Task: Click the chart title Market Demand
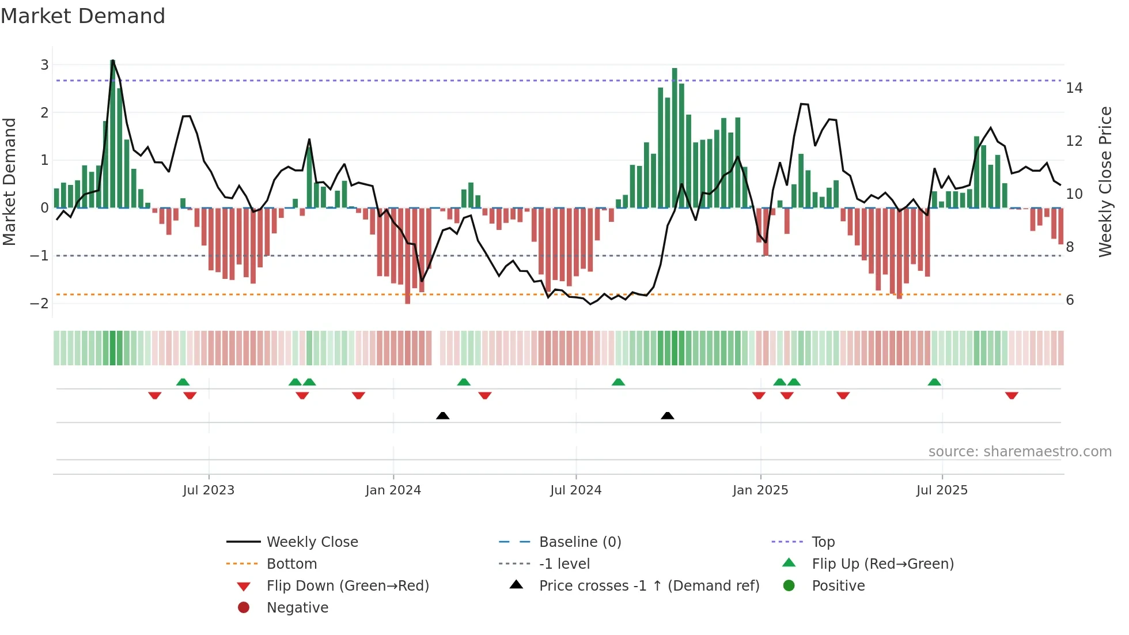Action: [83, 16]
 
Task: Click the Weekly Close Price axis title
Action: [1105, 182]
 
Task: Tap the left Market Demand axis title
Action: [9, 182]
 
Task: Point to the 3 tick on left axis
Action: [44, 65]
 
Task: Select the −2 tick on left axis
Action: [40, 304]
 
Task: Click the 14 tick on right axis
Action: [1074, 88]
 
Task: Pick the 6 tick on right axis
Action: [1070, 300]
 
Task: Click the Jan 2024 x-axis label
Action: [393, 490]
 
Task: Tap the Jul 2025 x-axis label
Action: [942, 490]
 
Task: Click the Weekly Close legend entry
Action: [312, 542]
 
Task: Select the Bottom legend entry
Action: [291, 564]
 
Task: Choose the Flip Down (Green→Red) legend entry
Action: [347, 586]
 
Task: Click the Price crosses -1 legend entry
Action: [649, 586]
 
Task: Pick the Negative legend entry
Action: [297, 608]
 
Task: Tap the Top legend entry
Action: [823, 542]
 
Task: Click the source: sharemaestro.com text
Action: [1020, 452]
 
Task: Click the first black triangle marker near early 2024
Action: [442, 415]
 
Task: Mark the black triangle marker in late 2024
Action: [667, 415]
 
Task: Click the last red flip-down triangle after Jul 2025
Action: [1011, 395]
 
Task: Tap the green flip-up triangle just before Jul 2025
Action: [934, 382]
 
